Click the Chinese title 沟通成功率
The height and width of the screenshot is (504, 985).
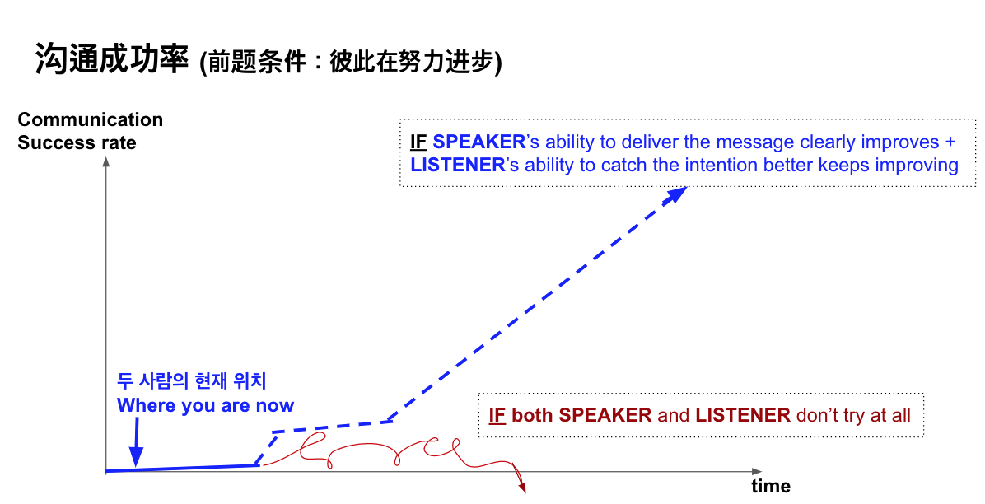(112, 59)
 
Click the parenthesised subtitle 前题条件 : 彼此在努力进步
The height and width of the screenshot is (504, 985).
(351, 63)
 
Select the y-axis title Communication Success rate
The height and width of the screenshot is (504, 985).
(91, 131)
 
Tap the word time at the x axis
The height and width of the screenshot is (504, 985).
(771, 486)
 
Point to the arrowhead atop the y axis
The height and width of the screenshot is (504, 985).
(106, 162)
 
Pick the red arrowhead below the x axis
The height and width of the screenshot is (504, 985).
(521, 486)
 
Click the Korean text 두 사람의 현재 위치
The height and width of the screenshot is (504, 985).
(192, 380)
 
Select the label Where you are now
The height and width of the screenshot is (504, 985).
(205, 406)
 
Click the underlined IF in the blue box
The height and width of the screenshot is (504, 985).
(418, 142)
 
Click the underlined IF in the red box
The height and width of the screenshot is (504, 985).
(497, 415)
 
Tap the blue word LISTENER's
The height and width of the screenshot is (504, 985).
(464, 165)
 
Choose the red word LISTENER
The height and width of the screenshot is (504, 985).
(743, 415)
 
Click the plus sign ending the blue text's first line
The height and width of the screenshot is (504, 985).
(950, 142)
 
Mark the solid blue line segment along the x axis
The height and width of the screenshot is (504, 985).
(181, 469)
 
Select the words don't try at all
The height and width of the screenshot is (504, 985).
(853, 415)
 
